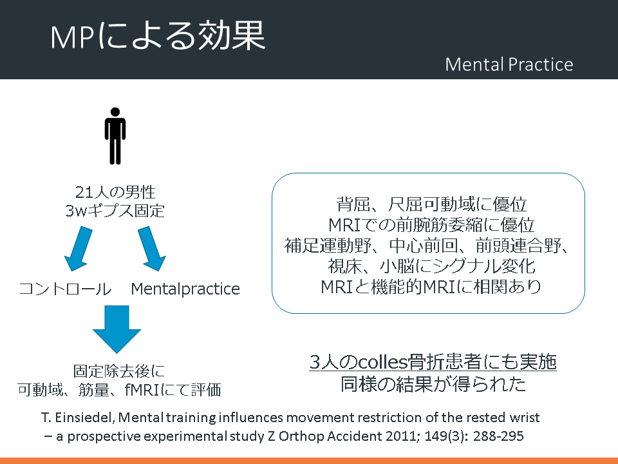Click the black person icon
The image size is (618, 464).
(x=115, y=136)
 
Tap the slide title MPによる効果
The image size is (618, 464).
(x=158, y=36)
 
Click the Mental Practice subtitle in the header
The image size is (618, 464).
(x=509, y=64)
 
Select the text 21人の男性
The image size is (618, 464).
(x=115, y=192)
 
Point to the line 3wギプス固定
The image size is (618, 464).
(x=115, y=211)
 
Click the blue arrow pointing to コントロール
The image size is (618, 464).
(x=79, y=249)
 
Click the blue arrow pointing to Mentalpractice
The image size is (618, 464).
(x=151, y=249)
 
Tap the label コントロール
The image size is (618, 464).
(x=65, y=289)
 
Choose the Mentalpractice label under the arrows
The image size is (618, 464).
(x=185, y=289)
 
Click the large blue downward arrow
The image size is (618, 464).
(x=117, y=329)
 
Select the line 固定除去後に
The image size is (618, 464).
(x=118, y=371)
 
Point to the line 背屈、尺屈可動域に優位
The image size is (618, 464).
(x=431, y=204)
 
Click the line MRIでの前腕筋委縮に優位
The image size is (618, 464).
(x=431, y=225)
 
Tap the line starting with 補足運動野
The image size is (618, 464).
(x=427, y=246)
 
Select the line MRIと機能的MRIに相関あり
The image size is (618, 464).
(x=431, y=286)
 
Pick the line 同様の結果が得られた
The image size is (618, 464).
(x=433, y=384)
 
